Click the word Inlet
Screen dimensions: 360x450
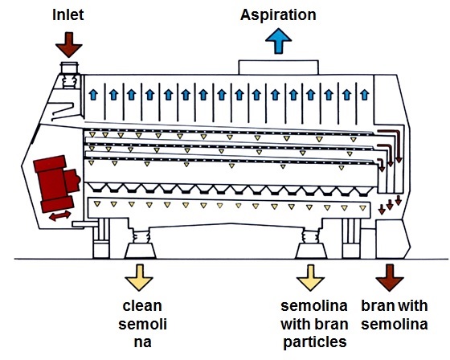pos(67,14)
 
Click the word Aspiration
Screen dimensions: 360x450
pos(278,14)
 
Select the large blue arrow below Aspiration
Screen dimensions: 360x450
pos(278,40)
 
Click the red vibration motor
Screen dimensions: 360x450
pos(53,178)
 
